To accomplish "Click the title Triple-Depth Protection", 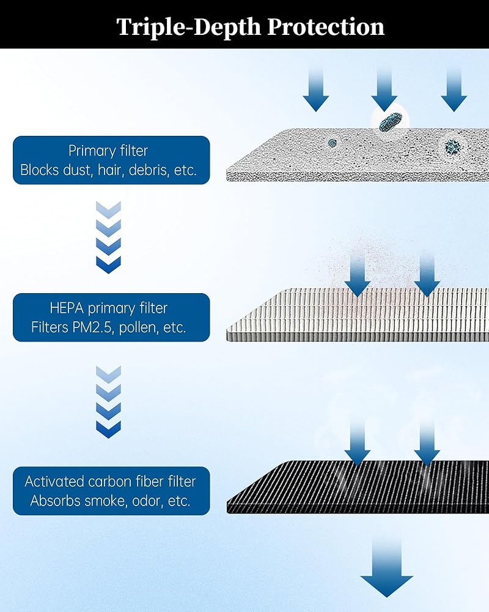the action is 251,26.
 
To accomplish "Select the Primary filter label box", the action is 111,160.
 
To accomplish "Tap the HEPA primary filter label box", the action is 111,318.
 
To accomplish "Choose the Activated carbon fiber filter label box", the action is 111,491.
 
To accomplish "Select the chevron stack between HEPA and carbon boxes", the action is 109,402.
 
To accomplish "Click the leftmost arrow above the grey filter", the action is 316,89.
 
